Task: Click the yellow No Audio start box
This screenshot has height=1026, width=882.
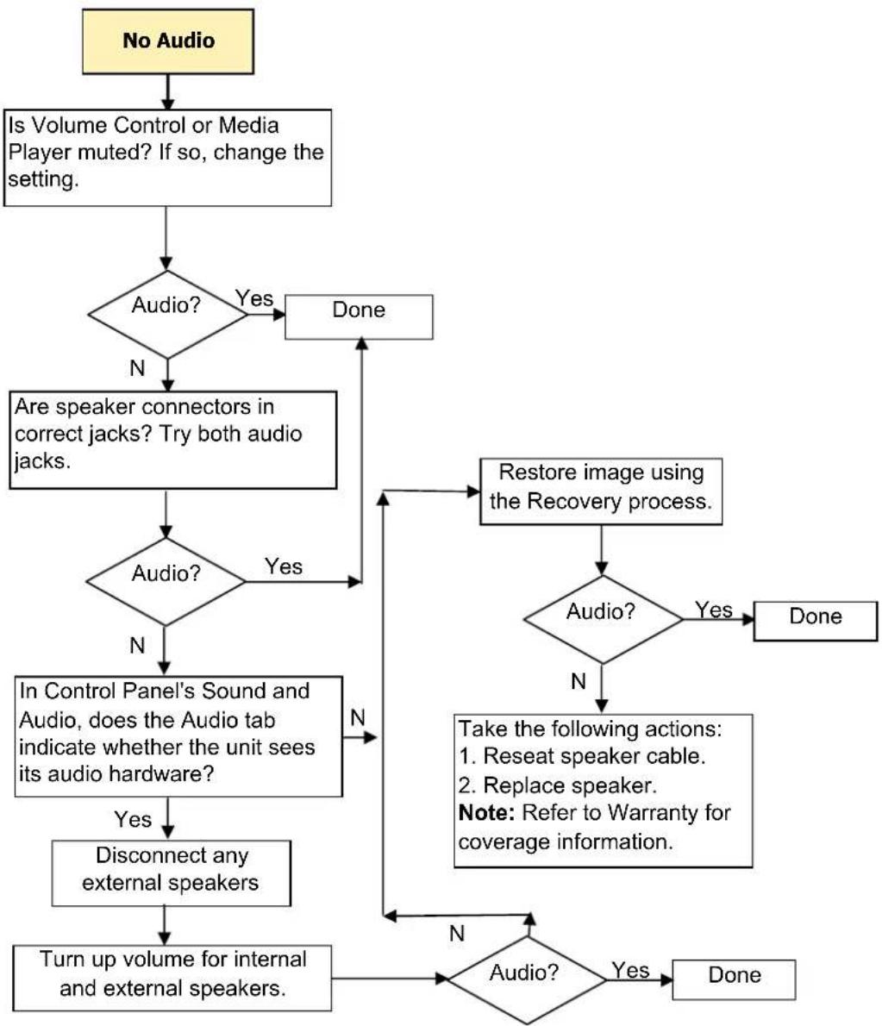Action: (x=167, y=41)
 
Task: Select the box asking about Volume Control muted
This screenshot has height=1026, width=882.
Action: (x=167, y=158)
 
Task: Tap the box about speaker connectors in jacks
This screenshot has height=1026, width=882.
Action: (x=172, y=440)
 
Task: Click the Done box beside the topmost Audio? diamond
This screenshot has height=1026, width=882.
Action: (x=359, y=316)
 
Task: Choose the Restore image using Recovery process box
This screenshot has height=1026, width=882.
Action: (x=601, y=491)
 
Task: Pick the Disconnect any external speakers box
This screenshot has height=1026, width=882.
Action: (x=172, y=873)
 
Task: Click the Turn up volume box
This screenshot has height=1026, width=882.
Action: (x=172, y=978)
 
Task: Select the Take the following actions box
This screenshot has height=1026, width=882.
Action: (x=604, y=791)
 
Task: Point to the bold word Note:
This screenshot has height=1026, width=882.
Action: (x=487, y=813)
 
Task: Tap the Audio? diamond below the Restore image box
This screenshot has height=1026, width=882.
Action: (x=603, y=619)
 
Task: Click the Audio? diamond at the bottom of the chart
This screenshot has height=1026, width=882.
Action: (x=527, y=979)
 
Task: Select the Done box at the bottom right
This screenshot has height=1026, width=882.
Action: (x=734, y=979)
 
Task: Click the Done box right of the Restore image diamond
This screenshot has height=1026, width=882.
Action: (x=816, y=621)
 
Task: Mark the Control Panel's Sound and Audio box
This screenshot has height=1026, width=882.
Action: (x=178, y=736)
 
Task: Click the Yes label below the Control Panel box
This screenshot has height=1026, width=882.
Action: (x=133, y=819)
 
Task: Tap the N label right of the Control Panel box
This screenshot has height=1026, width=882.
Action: (x=357, y=718)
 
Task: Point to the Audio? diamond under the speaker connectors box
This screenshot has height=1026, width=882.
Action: (x=166, y=582)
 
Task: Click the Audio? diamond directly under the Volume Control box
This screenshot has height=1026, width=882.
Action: (x=167, y=314)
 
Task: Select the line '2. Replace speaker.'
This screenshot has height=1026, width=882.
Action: (x=558, y=785)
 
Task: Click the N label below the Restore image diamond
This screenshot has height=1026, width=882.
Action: (x=579, y=681)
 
